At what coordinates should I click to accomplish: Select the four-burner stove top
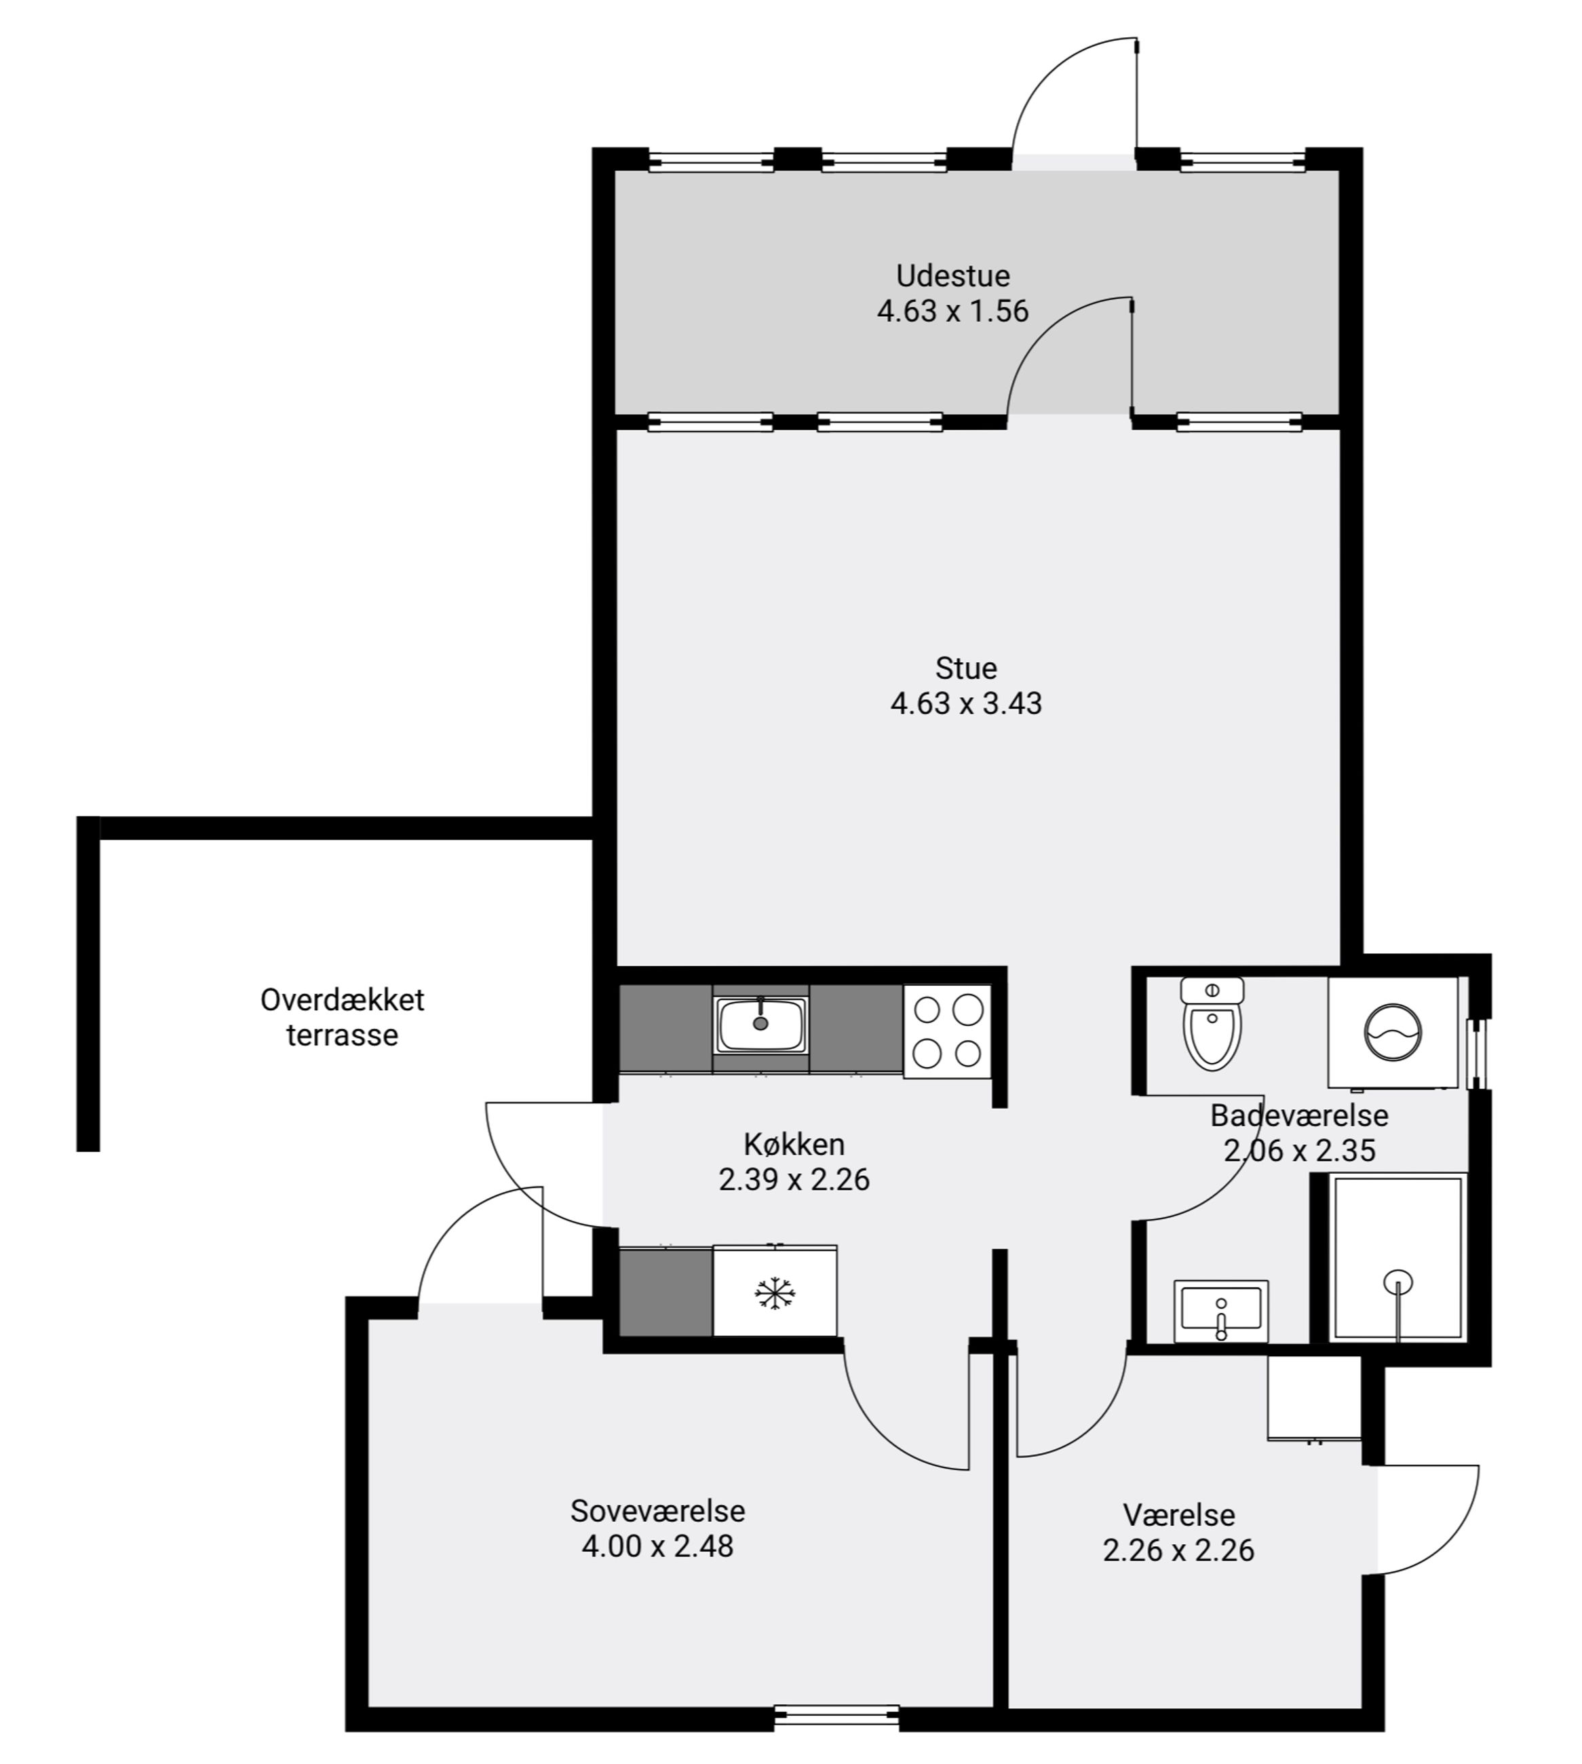click(948, 1031)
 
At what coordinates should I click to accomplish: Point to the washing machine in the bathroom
click(1393, 1032)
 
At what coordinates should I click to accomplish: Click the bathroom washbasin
click(1220, 1310)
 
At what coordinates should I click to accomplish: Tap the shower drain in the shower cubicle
click(1397, 1282)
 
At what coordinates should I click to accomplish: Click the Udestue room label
click(952, 275)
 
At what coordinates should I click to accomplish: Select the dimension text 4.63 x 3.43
click(966, 702)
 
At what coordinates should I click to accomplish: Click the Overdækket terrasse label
click(342, 1017)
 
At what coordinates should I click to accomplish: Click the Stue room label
click(966, 668)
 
